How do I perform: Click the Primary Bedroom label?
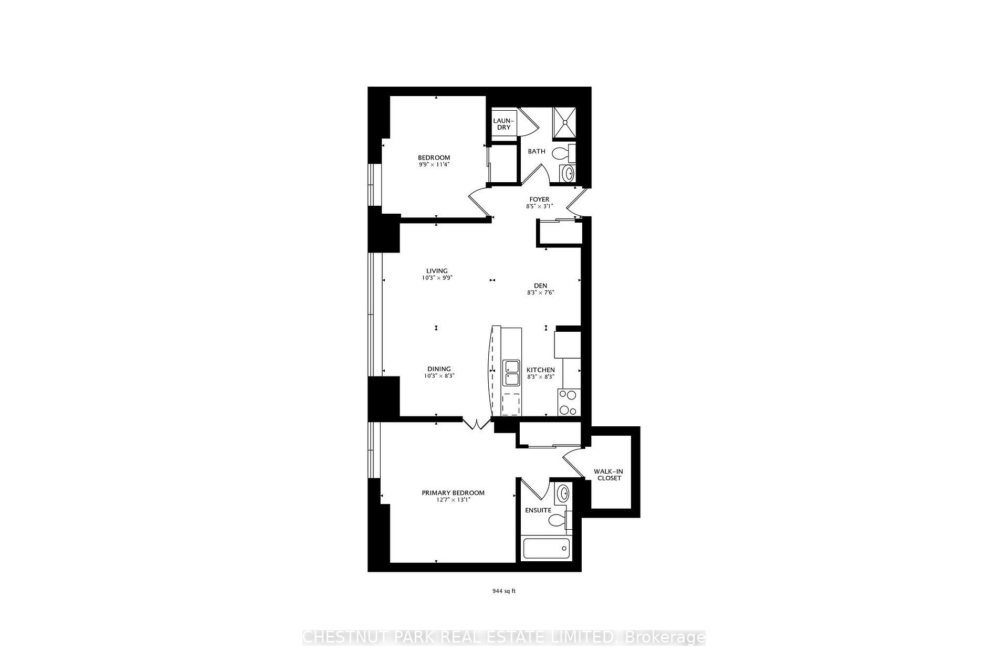pos(453,492)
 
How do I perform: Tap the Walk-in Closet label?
pos(608,475)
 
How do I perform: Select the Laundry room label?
pos(502,124)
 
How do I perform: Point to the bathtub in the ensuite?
pos(546,549)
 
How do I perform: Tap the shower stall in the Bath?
pos(564,123)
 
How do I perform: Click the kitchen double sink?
pos(511,373)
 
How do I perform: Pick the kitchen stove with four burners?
pos(569,403)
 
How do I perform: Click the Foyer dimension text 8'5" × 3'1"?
pos(539,206)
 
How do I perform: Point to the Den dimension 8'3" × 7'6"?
pos(541,292)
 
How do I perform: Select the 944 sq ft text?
pos(504,591)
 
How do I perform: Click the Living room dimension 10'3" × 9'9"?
pos(437,278)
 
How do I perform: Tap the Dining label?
pos(439,369)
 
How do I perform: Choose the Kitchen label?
pos(541,370)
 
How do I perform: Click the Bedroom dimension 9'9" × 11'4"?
pos(434,164)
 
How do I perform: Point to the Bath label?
pos(537,151)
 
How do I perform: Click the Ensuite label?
pos(538,510)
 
